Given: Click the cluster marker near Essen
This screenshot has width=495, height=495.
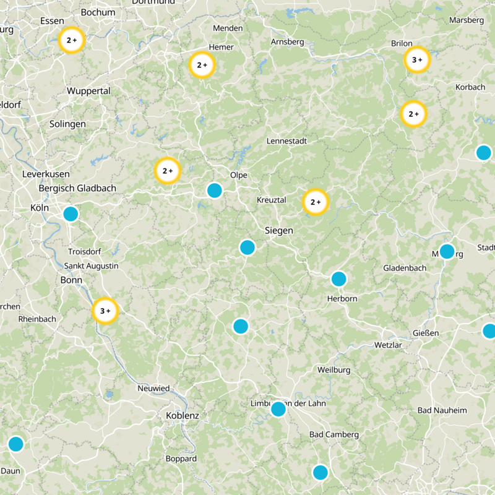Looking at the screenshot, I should tap(71, 40).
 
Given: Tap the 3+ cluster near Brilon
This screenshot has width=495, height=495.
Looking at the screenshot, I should tap(417, 60).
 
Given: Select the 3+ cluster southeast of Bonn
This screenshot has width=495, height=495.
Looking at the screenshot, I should tap(105, 311).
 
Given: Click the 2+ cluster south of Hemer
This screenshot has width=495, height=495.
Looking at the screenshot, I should tap(202, 65).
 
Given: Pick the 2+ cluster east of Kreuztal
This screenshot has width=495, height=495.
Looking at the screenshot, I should tap(315, 202).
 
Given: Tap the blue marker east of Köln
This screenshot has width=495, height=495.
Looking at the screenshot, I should tap(71, 214).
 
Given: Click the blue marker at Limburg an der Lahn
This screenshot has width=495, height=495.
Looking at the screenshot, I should tap(278, 409).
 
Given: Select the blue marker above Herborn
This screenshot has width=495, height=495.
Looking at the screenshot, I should tap(338, 279).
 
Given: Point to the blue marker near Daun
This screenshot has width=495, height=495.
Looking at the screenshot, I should tap(15, 444).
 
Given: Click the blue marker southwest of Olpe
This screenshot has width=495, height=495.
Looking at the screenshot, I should tap(214, 190).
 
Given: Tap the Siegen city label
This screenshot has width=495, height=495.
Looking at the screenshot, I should tap(278, 230).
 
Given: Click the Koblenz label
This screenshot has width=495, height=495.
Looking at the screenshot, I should tap(183, 416).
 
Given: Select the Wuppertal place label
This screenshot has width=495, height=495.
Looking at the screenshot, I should tap(88, 91).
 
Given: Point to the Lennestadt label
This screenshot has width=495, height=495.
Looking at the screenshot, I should tap(286, 141).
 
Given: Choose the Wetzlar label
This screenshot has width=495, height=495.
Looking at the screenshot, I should tap(389, 345).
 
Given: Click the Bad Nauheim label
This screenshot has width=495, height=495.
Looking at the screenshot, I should tap(442, 410).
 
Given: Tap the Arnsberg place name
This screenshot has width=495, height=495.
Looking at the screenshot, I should tap(288, 42).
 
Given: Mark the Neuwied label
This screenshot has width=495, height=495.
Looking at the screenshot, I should tap(153, 389).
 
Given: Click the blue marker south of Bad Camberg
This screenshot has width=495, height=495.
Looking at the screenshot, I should tap(320, 473).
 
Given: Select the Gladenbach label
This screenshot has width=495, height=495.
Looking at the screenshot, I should tap(405, 269).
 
